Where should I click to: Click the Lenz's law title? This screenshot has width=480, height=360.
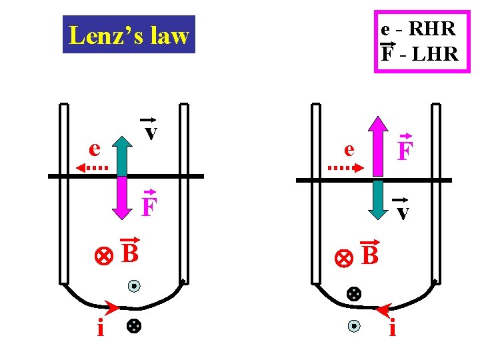129,35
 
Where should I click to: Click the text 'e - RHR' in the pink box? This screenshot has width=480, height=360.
418,29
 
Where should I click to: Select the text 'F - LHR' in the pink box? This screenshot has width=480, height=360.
419,53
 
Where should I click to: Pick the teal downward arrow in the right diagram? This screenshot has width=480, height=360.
377,199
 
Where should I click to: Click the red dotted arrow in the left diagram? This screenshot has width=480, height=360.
92,167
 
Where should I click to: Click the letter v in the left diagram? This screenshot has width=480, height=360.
151,131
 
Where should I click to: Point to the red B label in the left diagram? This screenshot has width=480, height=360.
130,253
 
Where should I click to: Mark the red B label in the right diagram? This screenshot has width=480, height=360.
369,253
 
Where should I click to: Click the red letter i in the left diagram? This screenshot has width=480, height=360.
100,329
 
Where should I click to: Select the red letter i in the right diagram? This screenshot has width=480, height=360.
393,329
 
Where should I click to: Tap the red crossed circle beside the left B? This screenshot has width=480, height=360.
103,256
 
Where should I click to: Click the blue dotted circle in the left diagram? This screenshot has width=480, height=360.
134,287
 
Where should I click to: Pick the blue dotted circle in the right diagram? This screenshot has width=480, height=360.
354,326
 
